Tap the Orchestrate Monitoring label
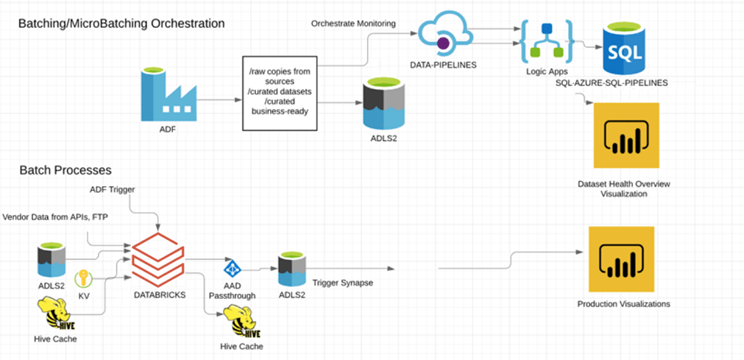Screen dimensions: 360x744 pyautogui.click(x=353, y=24)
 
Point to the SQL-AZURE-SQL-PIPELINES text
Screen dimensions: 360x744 pyautogui.click(x=613, y=83)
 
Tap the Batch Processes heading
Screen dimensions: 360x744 pyautogui.click(x=66, y=171)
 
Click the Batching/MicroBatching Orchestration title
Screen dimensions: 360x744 pyautogui.click(x=121, y=24)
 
